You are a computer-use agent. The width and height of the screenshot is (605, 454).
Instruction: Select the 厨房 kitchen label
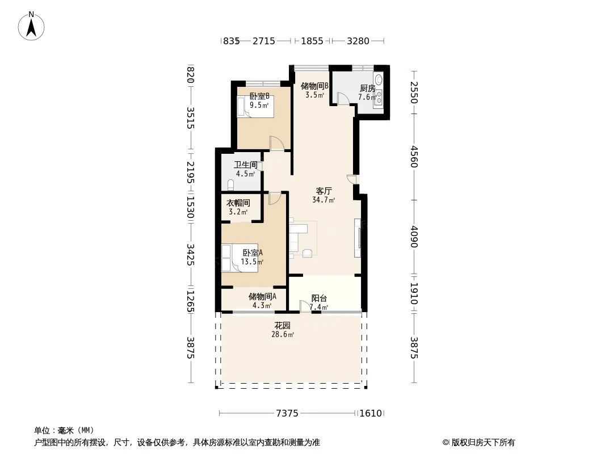coord(367,88)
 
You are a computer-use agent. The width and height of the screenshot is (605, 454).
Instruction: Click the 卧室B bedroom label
coord(259,96)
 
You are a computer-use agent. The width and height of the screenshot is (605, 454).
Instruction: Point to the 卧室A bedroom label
coord(252,253)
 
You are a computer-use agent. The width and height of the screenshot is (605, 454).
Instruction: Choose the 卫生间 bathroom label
coord(246,165)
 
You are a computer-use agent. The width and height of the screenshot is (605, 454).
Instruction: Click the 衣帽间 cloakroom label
coord(238,203)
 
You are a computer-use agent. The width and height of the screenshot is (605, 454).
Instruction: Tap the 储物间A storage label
coord(262,296)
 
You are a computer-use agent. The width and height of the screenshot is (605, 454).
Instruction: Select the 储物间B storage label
coord(315,86)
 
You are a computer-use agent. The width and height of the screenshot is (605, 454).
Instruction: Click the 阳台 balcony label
coord(319,298)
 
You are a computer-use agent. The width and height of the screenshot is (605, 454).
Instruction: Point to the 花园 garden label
coord(283,326)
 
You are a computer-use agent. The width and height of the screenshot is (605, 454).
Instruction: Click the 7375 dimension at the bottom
coord(287,413)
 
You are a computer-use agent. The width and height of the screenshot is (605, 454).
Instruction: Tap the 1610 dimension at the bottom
coord(371,413)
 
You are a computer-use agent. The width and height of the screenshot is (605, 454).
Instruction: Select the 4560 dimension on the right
coord(414,157)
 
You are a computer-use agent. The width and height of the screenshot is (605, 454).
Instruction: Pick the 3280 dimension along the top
coord(358,41)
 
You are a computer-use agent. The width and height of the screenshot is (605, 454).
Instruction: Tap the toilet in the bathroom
coord(230,184)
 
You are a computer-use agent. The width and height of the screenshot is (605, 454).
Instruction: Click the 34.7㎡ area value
coord(323,200)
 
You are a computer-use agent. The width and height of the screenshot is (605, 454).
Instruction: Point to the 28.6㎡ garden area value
coord(283,335)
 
